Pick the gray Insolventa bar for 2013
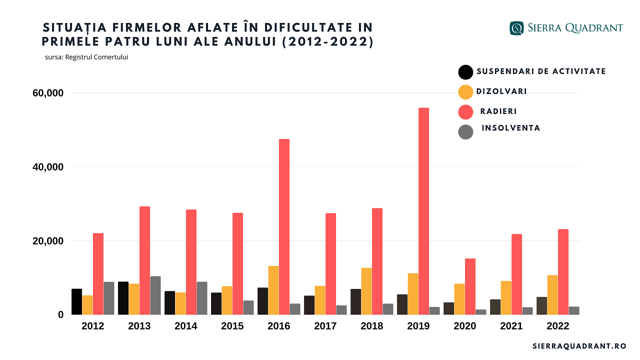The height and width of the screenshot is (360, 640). click(155, 295)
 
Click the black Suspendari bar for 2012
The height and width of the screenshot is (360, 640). click(76, 301)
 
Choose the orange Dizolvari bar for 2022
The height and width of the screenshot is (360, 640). click(552, 294)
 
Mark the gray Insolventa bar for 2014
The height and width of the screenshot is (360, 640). click(202, 298)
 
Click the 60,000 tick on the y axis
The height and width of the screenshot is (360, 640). click(48, 93)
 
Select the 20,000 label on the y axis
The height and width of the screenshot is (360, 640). click(48, 241)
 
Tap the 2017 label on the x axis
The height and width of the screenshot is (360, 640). click(325, 326)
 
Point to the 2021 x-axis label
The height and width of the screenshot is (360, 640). click(511, 326)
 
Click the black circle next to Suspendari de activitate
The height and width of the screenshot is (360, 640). click(465, 72)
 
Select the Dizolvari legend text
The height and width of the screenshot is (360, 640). click(501, 91)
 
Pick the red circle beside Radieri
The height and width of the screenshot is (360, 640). click(465, 112)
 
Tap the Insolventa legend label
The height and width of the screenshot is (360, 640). click(510, 128)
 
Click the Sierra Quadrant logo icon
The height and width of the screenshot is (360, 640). click(516, 28)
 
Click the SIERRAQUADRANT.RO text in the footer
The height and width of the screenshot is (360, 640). click(579, 346)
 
